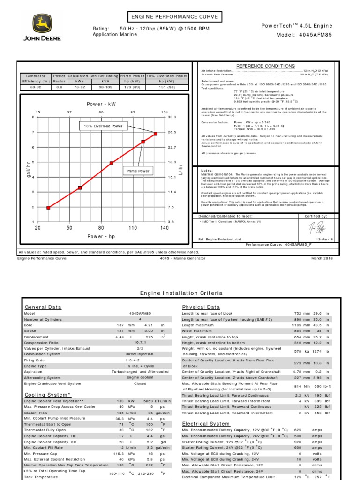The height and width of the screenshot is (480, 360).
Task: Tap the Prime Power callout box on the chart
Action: (x=137, y=171)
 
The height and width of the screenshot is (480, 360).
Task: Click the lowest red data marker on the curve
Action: (x=48, y=207)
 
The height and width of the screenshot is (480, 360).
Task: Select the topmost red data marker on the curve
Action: (x=156, y=134)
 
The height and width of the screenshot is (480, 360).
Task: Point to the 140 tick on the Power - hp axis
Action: (x=165, y=228)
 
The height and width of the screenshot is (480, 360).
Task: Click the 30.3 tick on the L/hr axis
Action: (x=172, y=117)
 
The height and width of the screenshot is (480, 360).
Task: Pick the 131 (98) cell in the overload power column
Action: (x=167, y=87)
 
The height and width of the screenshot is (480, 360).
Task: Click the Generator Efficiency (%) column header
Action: (x=36, y=78)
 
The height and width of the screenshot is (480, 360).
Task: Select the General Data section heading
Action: (x=43, y=307)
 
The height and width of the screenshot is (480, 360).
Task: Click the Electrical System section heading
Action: (x=206, y=424)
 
